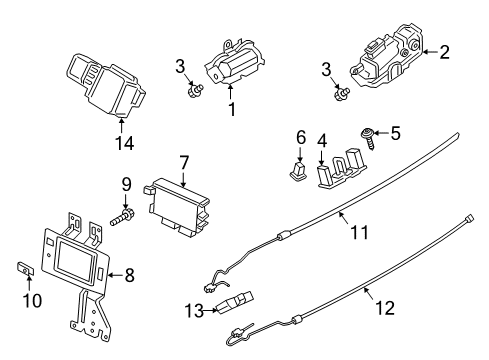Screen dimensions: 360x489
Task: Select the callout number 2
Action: (x=445, y=52)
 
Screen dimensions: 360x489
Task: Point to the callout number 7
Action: (x=183, y=161)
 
